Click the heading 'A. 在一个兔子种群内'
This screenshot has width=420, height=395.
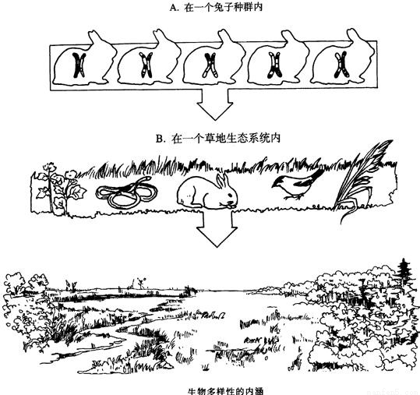216,8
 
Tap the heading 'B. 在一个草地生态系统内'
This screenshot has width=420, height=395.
218,138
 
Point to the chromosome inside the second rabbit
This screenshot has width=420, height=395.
146,65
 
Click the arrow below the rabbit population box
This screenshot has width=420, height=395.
214,104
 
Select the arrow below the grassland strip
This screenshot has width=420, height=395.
217,227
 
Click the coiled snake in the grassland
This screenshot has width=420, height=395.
127,192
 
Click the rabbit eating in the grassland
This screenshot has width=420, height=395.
206,192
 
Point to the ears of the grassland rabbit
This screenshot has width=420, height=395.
223,180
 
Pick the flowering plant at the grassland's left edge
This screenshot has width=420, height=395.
60,188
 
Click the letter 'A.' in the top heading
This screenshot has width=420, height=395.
174,8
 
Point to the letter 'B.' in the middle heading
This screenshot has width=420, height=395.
161,139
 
